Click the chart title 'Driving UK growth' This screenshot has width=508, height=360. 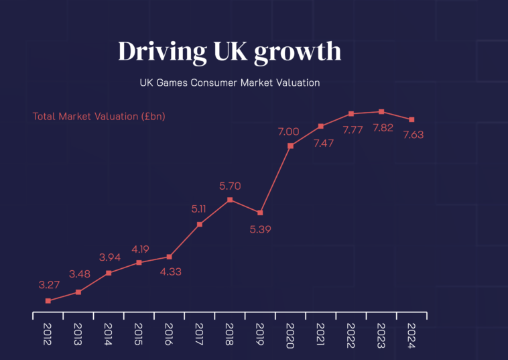[x=229, y=52]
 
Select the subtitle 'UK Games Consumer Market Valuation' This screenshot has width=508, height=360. [x=229, y=84]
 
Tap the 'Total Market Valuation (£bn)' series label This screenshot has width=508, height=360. [x=99, y=116]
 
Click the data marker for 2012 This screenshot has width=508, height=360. [x=48, y=301]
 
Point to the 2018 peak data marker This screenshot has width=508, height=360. [x=230, y=200]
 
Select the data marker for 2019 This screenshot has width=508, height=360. [x=260, y=213]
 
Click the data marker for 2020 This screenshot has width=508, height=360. [x=290, y=145]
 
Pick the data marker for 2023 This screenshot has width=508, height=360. [x=381, y=112]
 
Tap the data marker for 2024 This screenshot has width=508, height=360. [x=411, y=120]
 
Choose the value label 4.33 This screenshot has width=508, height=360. [x=171, y=272]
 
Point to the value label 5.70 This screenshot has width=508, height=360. [x=230, y=186]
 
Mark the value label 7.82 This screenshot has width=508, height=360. [x=382, y=128]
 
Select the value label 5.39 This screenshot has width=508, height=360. [x=261, y=229]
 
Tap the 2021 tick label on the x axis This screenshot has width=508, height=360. [x=321, y=334]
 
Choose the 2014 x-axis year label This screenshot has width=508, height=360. [x=109, y=334]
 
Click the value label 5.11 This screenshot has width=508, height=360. [x=199, y=209]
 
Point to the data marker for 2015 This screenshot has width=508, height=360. [x=139, y=263]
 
